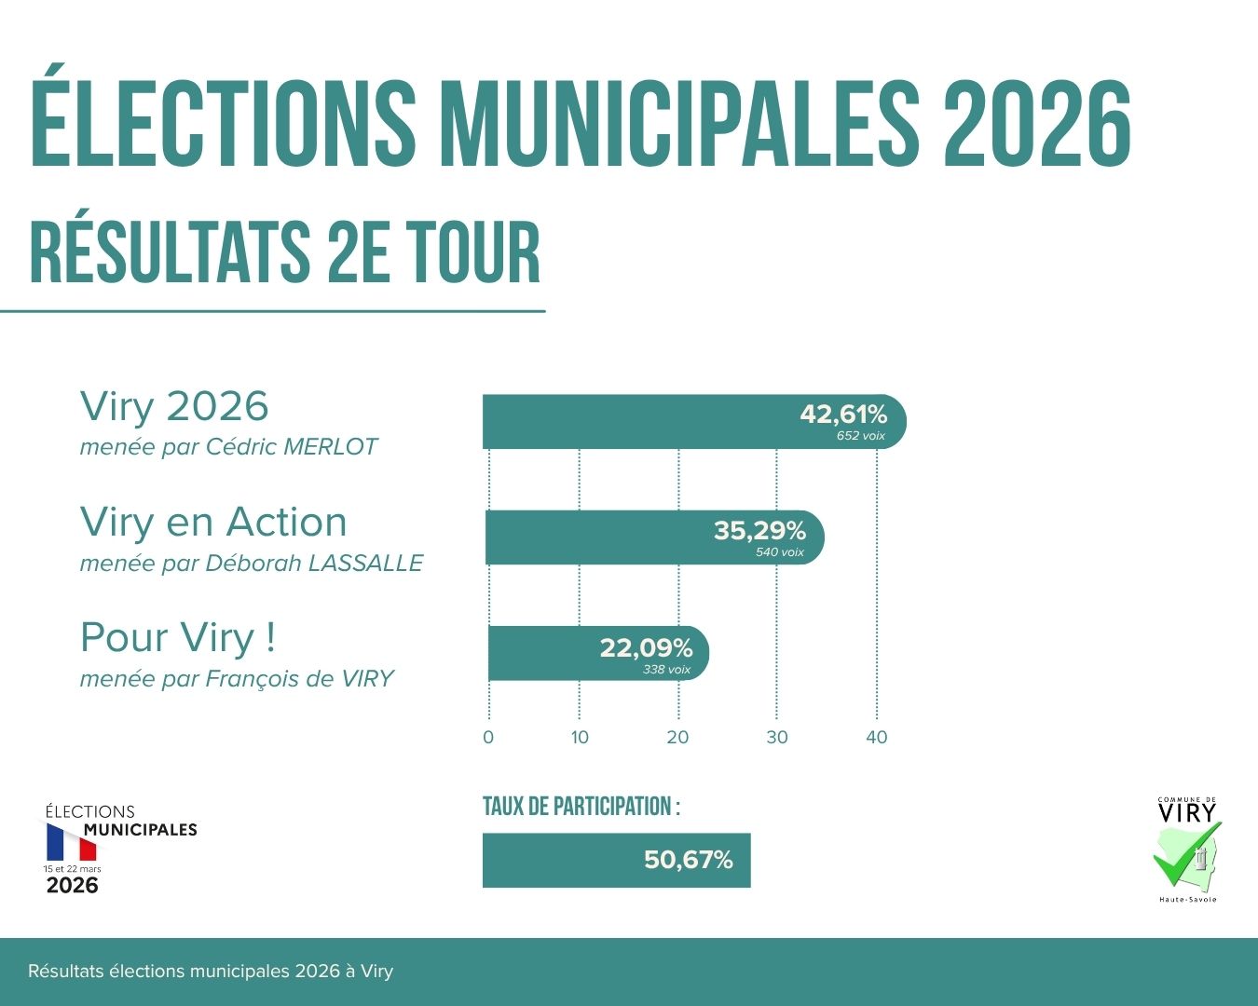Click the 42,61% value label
(x=843, y=415)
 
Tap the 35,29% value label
(x=759, y=531)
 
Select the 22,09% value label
(x=646, y=647)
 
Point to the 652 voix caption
(x=860, y=436)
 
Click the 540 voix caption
(x=779, y=552)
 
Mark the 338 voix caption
(x=666, y=670)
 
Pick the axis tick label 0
(x=488, y=737)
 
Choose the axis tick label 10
(x=580, y=737)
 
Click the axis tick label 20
(x=677, y=737)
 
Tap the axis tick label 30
(x=777, y=737)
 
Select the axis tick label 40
(x=877, y=737)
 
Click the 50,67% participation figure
(x=688, y=860)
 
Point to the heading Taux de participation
(x=581, y=807)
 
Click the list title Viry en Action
(x=213, y=522)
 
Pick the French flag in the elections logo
(x=72, y=843)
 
